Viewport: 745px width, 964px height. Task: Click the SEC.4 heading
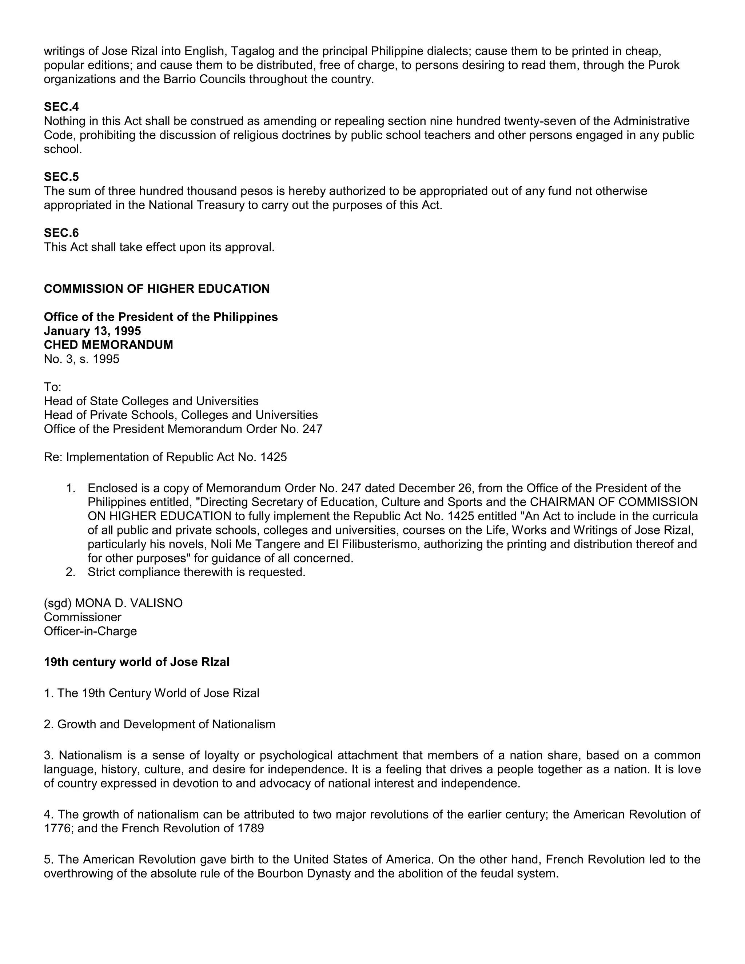pos(61,107)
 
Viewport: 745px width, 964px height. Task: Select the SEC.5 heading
pos(61,177)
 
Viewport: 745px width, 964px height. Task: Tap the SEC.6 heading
pos(61,233)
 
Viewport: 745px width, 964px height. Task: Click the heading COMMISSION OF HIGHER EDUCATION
pos(157,289)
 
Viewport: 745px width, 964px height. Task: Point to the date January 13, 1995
pos(92,331)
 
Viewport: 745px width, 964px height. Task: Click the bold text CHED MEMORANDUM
pos(108,345)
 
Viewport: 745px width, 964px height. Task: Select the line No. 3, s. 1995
pos(81,359)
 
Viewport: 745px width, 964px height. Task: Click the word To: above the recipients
pos(52,387)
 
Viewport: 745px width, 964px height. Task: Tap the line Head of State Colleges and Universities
pos(151,401)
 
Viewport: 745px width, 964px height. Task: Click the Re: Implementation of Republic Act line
pos(165,457)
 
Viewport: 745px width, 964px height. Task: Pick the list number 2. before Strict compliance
pos(71,572)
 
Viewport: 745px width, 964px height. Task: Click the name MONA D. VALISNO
pos(128,604)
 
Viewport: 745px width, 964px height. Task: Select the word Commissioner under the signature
pos(83,618)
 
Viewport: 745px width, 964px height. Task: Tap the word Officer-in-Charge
pos(91,631)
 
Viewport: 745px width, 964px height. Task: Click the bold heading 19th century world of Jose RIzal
pos(136,662)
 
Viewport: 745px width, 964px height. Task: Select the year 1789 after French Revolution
pos(250,828)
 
